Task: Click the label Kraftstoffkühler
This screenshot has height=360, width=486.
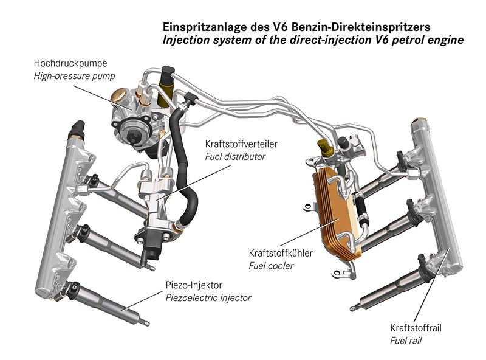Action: (281, 254)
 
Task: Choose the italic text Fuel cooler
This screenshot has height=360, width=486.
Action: (272, 266)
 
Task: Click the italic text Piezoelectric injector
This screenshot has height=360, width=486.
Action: (208, 298)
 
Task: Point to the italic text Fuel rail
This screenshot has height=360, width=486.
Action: (405, 341)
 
